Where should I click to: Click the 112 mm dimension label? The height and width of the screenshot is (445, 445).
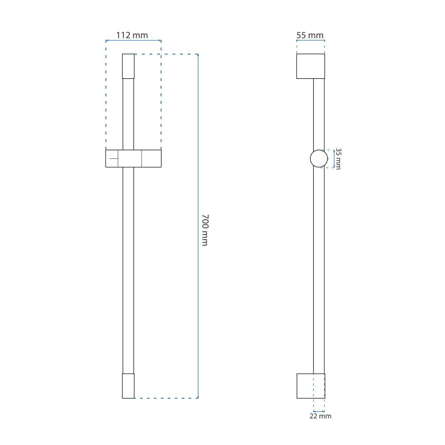[x=132, y=35]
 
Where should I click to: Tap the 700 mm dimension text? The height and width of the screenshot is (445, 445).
[x=205, y=230]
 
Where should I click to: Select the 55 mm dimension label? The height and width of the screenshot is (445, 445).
[x=310, y=35]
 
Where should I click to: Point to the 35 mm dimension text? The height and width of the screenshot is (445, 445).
[x=338, y=159]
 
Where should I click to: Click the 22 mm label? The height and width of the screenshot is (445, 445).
[x=320, y=416]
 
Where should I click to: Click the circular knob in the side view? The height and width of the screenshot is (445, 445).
[x=319, y=158]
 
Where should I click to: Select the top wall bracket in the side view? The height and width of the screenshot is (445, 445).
[x=311, y=66]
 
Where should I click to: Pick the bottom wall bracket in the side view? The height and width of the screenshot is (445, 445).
[x=311, y=386]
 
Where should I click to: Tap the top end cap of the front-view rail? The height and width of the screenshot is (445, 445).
[x=128, y=66]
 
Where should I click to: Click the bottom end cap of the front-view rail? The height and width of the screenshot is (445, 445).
[x=128, y=386]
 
